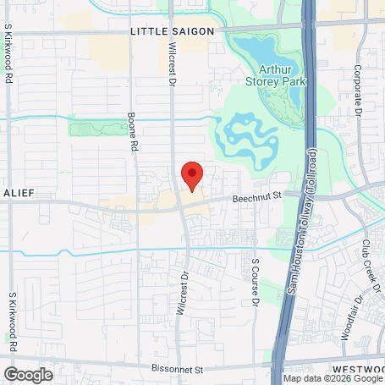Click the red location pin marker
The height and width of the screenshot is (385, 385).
[192, 175]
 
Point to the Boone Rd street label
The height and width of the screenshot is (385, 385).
[132, 133]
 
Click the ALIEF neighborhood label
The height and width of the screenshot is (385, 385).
[18, 193]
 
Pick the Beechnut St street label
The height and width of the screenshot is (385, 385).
[256, 197]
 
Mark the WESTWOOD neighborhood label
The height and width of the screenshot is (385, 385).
[359, 370]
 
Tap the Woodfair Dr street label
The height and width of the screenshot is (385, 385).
[348, 313]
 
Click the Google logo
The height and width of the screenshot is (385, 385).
[29, 374]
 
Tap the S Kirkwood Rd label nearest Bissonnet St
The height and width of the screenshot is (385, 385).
[13, 322]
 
